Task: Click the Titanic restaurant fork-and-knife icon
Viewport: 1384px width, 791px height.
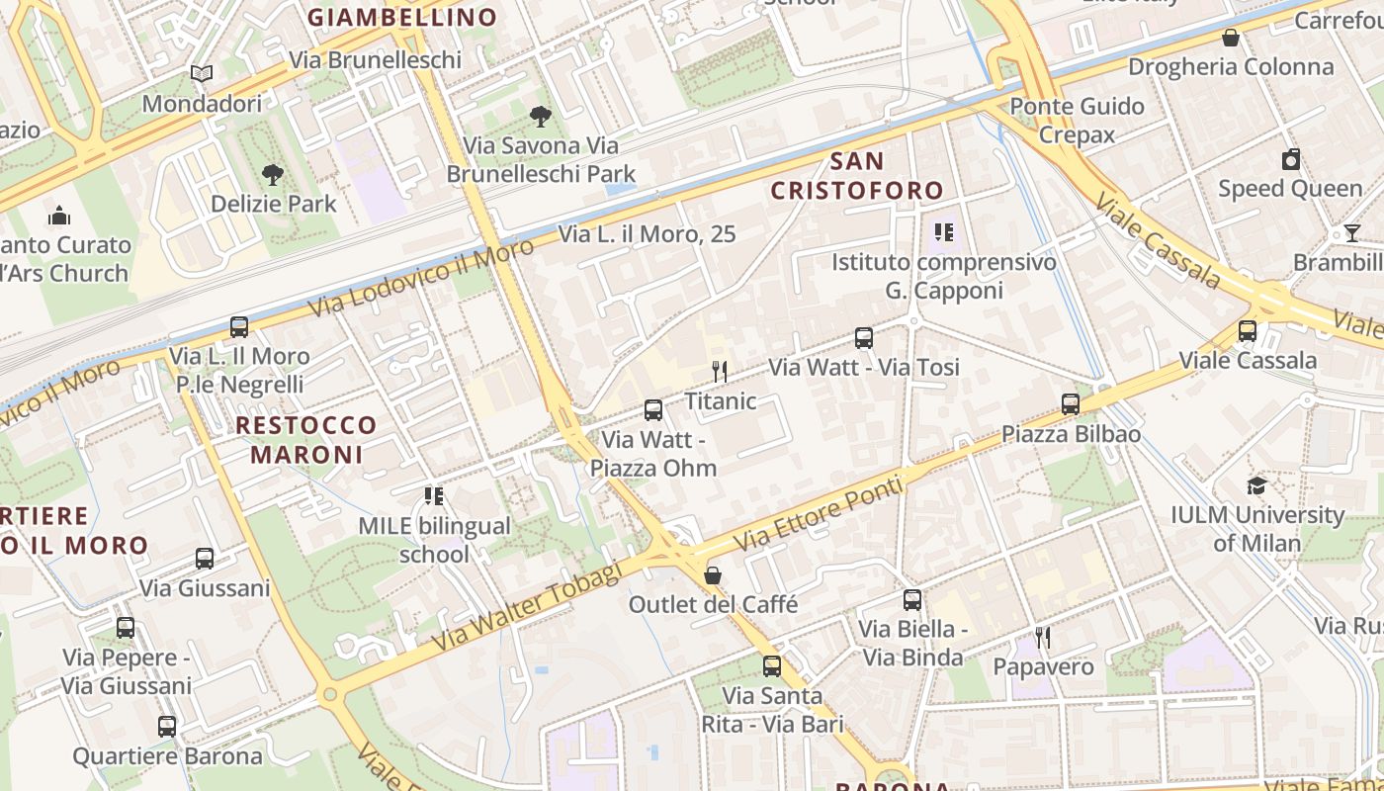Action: pyautogui.click(x=720, y=372)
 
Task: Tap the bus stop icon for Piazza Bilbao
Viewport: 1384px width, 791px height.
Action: pyautogui.click(x=1071, y=404)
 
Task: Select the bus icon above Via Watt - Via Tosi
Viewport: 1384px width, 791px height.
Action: pyautogui.click(x=864, y=338)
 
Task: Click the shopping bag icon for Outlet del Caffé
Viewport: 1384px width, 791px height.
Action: pyautogui.click(x=713, y=575)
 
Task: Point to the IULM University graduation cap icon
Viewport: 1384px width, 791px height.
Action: pyautogui.click(x=1256, y=485)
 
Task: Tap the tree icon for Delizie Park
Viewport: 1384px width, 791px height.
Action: pyautogui.click(x=273, y=175)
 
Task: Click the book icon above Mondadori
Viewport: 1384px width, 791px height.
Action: pyautogui.click(x=202, y=74)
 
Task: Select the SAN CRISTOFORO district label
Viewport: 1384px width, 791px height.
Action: pyautogui.click(x=856, y=175)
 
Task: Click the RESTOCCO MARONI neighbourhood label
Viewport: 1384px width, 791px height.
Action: pyautogui.click(x=306, y=440)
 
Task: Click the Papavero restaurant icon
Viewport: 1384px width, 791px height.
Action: pyautogui.click(x=1043, y=638)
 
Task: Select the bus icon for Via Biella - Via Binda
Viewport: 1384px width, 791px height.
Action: pyautogui.click(x=911, y=600)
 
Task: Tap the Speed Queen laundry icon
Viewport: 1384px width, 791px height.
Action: pyautogui.click(x=1291, y=159)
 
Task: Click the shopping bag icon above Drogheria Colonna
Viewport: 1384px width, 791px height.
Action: pyautogui.click(x=1231, y=38)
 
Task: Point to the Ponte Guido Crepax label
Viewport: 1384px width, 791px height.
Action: pyautogui.click(x=1077, y=120)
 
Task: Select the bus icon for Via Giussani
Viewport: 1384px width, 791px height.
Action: pyautogui.click(x=205, y=559)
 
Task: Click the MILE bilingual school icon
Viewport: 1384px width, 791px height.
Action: pyautogui.click(x=434, y=496)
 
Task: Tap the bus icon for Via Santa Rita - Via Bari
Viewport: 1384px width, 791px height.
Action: pyautogui.click(x=772, y=666)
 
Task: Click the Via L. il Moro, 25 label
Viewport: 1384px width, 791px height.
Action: pyautogui.click(x=648, y=234)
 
